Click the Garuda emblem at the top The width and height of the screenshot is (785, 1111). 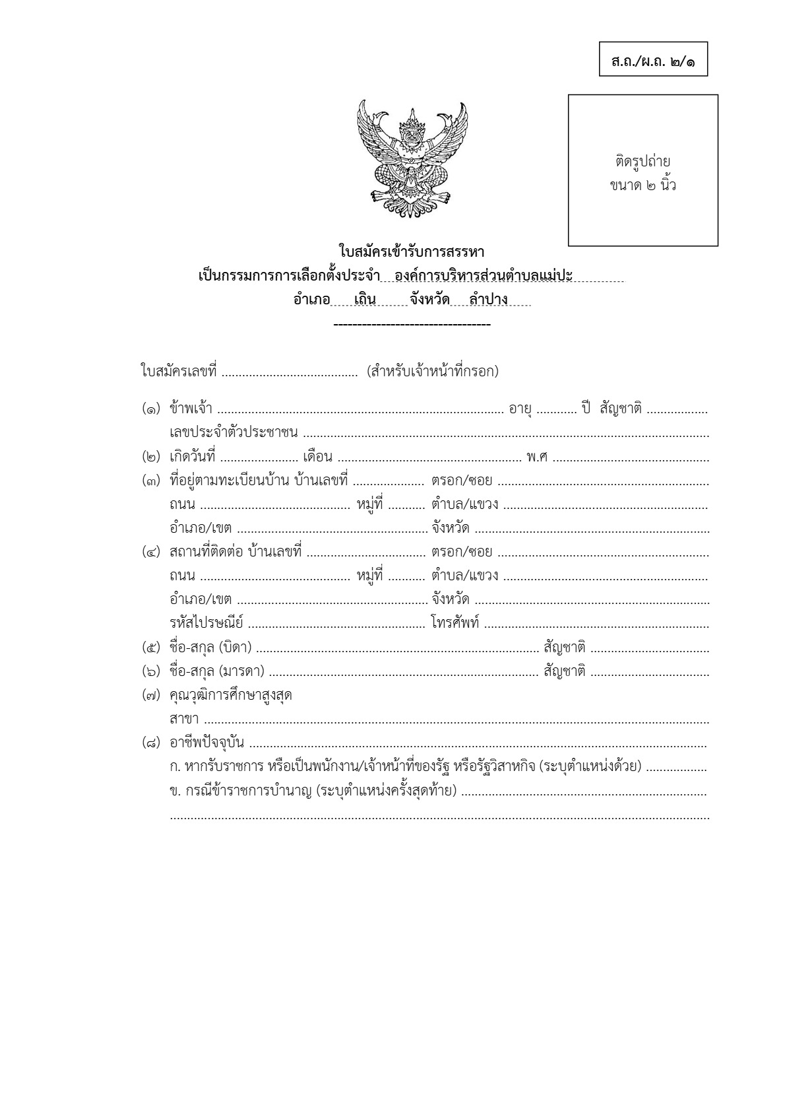[412, 153]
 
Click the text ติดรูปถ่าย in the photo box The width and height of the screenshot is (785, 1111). [643, 161]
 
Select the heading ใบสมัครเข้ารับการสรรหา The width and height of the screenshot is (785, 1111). [412, 252]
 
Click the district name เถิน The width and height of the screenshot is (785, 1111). [365, 300]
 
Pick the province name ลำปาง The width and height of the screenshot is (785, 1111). [488, 300]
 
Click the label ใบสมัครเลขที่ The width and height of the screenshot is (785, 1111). [179, 371]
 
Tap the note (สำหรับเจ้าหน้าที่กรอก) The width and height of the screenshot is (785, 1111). [433, 371]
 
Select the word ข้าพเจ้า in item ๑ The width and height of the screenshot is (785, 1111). [191, 409]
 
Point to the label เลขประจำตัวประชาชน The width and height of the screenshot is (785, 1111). [234, 433]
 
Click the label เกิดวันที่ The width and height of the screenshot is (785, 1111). [193, 457]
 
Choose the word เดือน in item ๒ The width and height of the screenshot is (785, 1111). [317, 457]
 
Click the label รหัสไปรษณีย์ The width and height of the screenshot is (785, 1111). [206, 623]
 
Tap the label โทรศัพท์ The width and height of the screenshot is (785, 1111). [455, 623]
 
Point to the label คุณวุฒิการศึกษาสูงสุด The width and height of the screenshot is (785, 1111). [231, 696]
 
